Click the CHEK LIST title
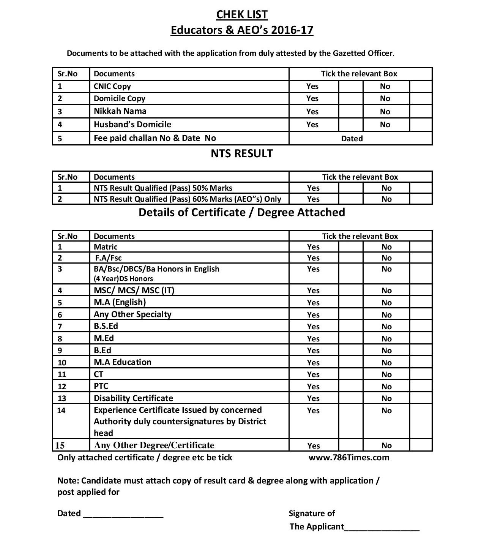pos(242,14)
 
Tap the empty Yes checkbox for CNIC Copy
pos(350,86)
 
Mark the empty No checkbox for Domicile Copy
pos(421,98)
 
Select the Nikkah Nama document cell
pos(120,111)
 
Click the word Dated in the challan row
pos(352,139)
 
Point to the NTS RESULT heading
pos(242,153)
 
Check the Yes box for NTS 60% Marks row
pos(350,199)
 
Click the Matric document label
pos(106,247)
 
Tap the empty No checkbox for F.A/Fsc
pos(421,258)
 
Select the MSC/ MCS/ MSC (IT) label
pos(134,291)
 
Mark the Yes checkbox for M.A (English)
pos(350,303)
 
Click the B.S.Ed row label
pos(106,326)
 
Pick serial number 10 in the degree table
pos(62,363)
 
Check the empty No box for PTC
pos(421,387)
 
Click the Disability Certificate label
pos(133,398)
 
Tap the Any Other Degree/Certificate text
pos(154,445)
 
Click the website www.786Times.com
pos(349,457)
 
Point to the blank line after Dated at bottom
pos(123,516)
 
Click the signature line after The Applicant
pos(382,529)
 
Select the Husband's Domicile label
pos(132,125)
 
